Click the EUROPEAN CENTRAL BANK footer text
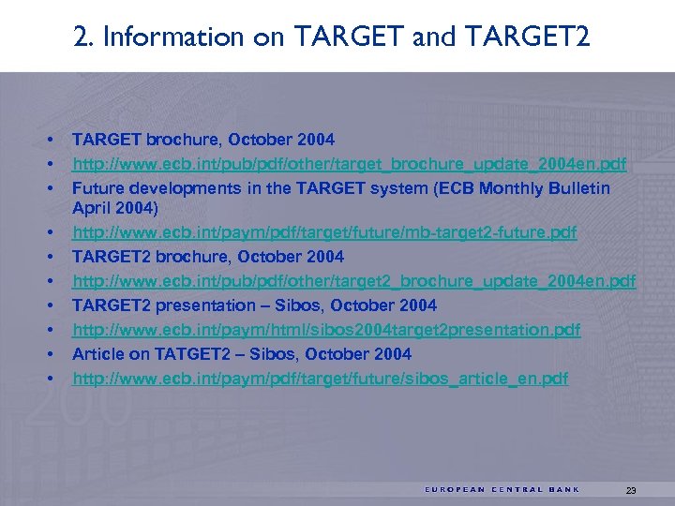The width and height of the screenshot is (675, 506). (x=502, y=489)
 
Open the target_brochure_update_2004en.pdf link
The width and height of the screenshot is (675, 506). (x=350, y=165)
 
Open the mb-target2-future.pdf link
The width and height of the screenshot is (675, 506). (x=324, y=231)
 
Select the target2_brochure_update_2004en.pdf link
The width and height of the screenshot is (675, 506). (x=353, y=281)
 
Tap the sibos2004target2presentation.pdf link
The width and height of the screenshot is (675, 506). (x=326, y=330)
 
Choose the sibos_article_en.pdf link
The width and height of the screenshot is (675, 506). (x=320, y=379)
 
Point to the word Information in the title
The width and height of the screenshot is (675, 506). (x=172, y=37)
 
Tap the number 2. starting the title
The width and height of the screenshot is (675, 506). (x=82, y=37)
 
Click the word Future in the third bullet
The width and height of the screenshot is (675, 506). (x=97, y=188)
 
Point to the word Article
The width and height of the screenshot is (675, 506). (x=97, y=354)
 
